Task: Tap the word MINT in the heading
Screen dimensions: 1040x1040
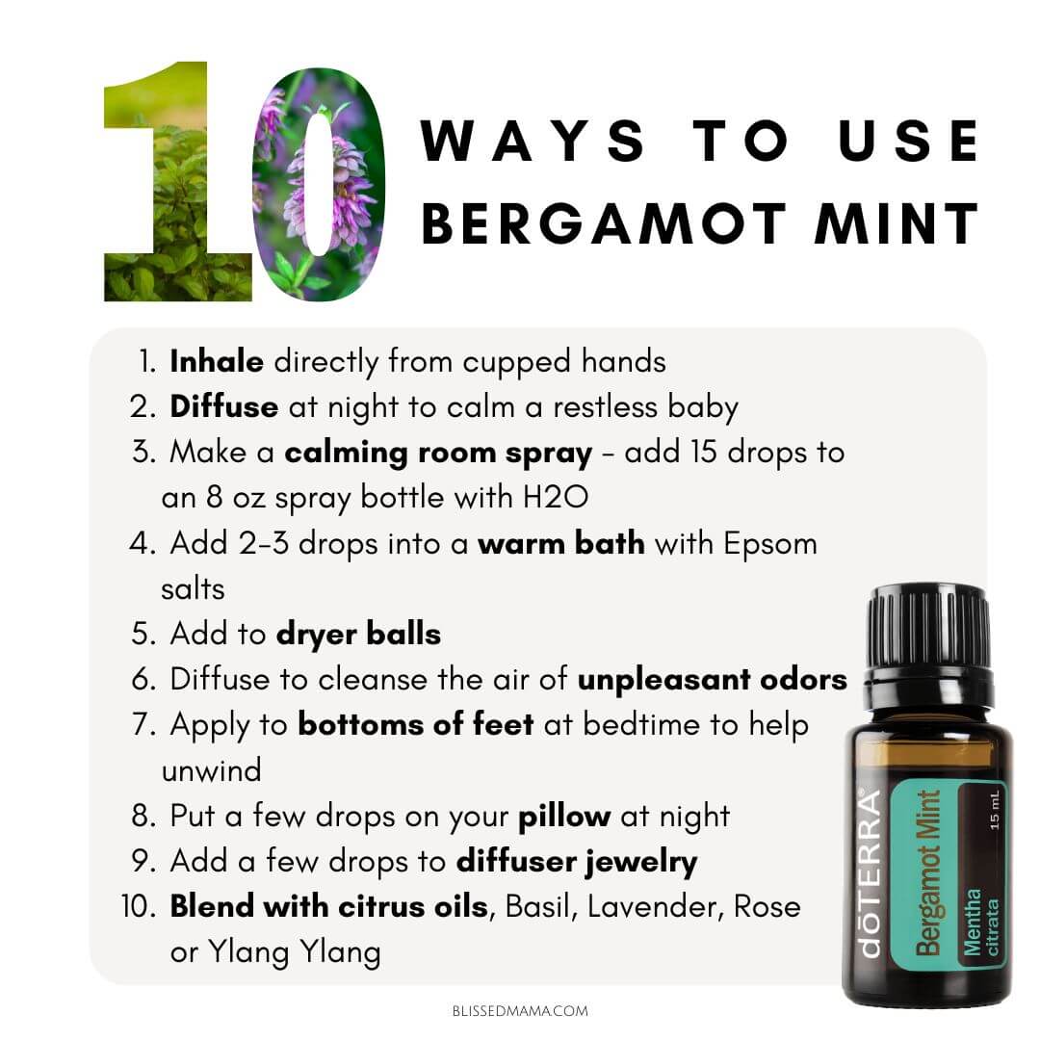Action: pyautogui.click(x=897, y=224)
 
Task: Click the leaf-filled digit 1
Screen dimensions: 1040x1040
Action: pyautogui.click(x=177, y=181)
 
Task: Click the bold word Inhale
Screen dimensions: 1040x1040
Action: pyautogui.click(x=217, y=361)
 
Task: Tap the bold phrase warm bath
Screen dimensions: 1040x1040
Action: pyautogui.click(x=561, y=543)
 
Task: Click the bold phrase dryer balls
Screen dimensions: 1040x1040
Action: pyautogui.click(x=359, y=635)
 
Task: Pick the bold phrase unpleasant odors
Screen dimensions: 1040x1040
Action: pyautogui.click(x=713, y=680)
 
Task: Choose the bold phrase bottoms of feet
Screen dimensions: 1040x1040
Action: pyautogui.click(x=416, y=724)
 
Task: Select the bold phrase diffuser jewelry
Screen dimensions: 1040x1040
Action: pyautogui.click(x=577, y=862)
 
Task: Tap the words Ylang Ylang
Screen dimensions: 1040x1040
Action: pyautogui.click(x=295, y=953)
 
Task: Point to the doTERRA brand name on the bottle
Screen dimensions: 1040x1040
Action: pyautogui.click(x=869, y=872)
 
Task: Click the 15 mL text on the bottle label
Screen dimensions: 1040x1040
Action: pyautogui.click(x=994, y=810)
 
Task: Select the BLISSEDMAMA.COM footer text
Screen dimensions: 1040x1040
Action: pyautogui.click(x=520, y=1011)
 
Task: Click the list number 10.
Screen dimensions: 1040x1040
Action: pyautogui.click(x=139, y=907)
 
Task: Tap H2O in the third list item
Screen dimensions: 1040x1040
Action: pyautogui.click(x=556, y=498)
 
